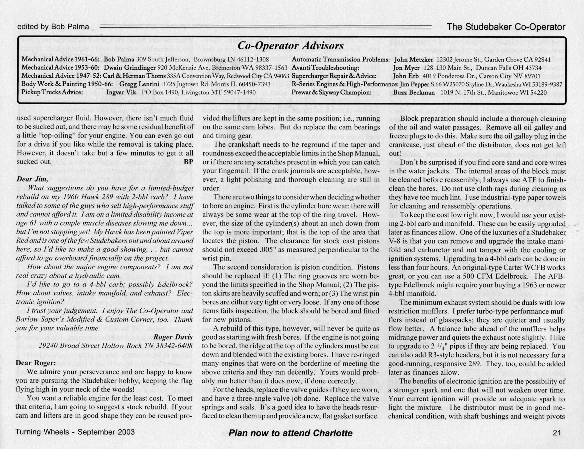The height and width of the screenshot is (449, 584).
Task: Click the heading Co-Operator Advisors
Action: coord(290,46)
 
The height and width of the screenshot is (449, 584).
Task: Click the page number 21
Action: coord(557,433)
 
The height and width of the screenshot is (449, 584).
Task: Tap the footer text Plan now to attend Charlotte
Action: coord(290,433)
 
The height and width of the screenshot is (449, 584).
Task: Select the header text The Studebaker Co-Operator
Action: coord(506,27)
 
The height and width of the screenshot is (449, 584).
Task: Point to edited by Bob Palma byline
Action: coord(53,27)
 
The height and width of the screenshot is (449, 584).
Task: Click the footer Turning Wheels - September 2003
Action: coord(75,432)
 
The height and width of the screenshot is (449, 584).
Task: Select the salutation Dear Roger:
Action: coord(36,363)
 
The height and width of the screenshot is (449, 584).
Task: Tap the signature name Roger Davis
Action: coord(173,337)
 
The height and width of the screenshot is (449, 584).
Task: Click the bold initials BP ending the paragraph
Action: coord(188,162)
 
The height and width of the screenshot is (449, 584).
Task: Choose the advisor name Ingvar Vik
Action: coord(121,92)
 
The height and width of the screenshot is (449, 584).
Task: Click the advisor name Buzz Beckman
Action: coord(414,92)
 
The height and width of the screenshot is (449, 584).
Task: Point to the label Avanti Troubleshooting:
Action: coord(325,67)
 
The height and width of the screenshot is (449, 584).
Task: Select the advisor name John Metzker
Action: coord(413,59)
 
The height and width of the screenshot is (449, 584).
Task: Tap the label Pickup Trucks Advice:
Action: coord(52,92)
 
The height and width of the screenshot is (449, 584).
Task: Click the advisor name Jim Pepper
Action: coord(414,84)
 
